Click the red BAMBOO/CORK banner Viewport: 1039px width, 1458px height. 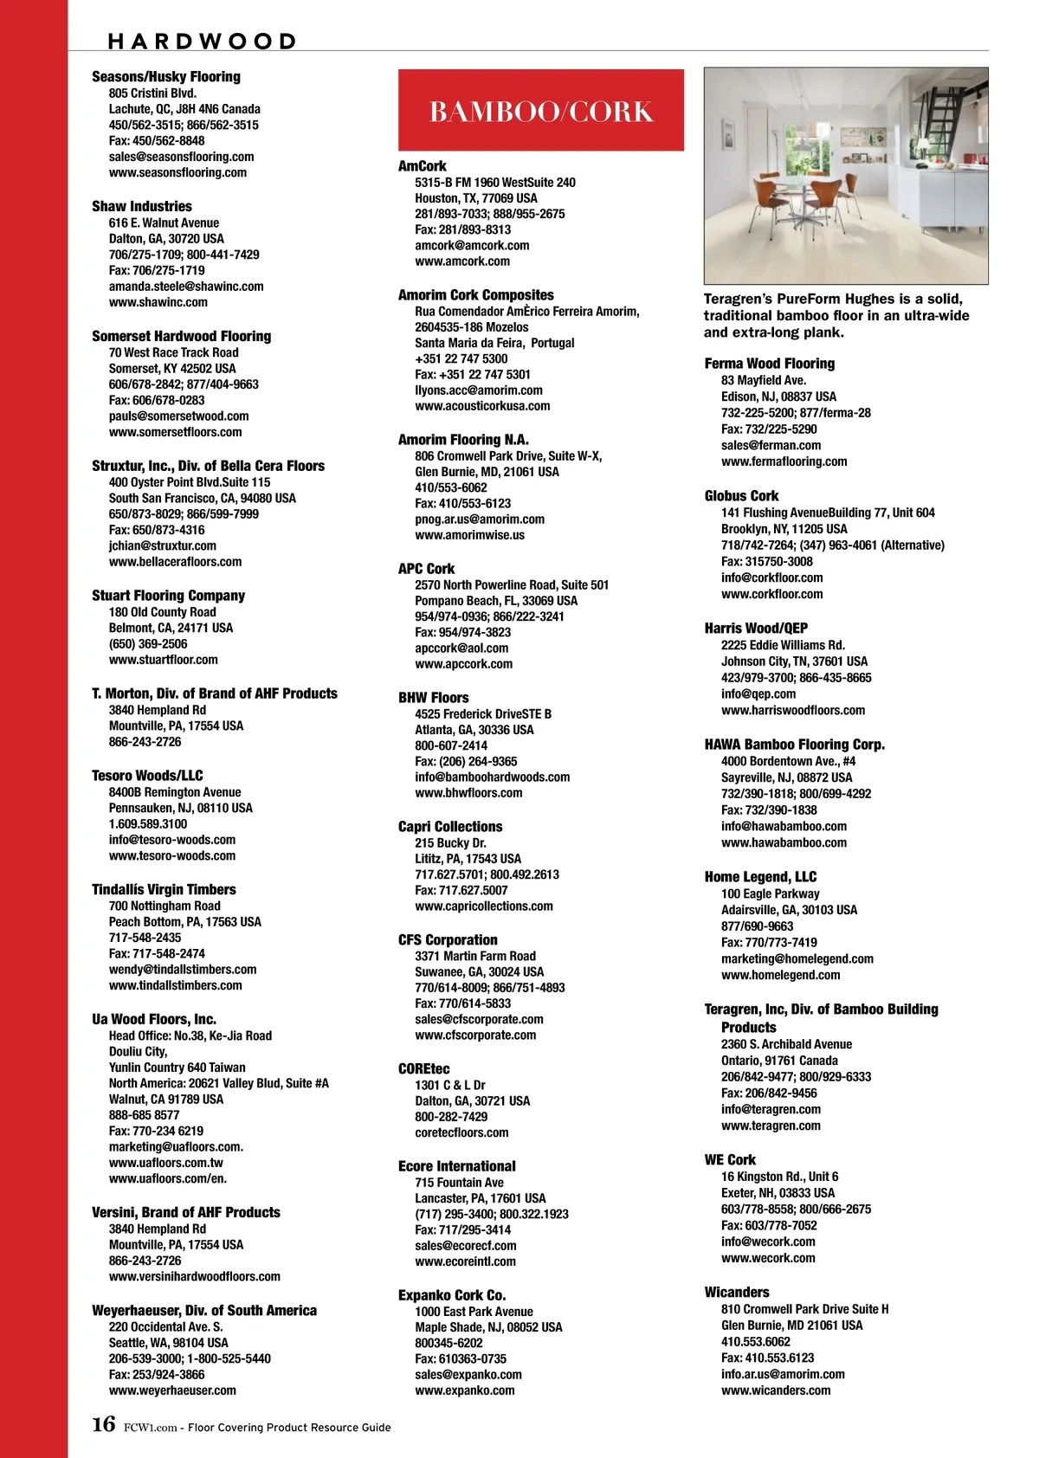(x=540, y=111)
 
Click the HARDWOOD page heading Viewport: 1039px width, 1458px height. (x=202, y=41)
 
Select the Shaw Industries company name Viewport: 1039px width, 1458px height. (x=142, y=206)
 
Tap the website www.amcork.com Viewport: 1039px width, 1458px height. (x=462, y=261)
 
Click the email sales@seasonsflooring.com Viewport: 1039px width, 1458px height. (x=181, y=157)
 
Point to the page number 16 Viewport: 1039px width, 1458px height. (x=103, y=1425)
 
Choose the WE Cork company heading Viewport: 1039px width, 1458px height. (x=730, y=1159)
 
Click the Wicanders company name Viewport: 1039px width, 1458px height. (x=737, y=1292)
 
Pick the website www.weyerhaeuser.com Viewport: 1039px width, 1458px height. (x=172, y=1390)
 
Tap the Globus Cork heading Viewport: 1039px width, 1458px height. (x=741, y=496)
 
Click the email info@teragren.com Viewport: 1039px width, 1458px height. (x=771, y=1109)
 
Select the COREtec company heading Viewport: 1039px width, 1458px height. (x=424, y=1068)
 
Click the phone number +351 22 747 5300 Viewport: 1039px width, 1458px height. (x=461, y=358)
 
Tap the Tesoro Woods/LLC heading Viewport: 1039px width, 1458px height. (x=147, y=776)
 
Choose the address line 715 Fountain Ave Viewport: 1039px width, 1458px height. (x=459, y=1183)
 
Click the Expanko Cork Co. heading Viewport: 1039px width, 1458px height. (x=452, y=1295)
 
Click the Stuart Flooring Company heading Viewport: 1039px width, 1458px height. (x=168, y=596)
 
